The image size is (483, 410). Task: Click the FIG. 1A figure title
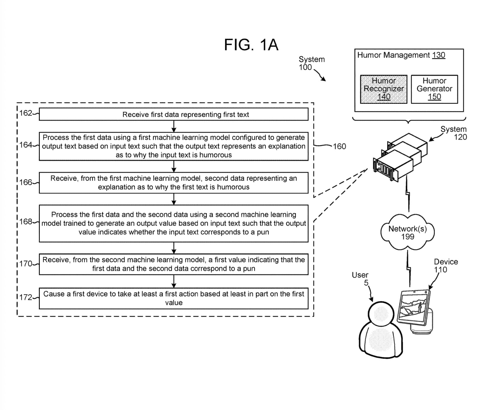pos(251,45)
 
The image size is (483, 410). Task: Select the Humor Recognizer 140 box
pos(384,89)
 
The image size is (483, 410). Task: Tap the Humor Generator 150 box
pos(434,89)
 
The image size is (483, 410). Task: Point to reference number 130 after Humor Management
pos(438,55)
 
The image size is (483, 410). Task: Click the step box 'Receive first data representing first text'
pos(174,114)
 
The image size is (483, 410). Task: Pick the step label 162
pos(26,113)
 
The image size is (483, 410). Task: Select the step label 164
pos(26,145)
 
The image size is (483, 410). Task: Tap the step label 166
pos(26,182)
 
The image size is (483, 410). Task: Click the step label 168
pos(26,222)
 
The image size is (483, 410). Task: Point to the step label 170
pos(26,263)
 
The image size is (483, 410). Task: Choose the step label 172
pos(26,297)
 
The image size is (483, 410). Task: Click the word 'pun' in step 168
pos(263,232)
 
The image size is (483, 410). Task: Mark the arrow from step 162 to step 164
pos(174,126)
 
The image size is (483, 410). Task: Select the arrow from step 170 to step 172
pos(174,281)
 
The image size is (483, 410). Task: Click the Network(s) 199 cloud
pos(408,233)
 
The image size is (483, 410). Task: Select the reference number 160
pos(339,146)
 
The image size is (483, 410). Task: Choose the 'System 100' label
pos(311,63)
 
